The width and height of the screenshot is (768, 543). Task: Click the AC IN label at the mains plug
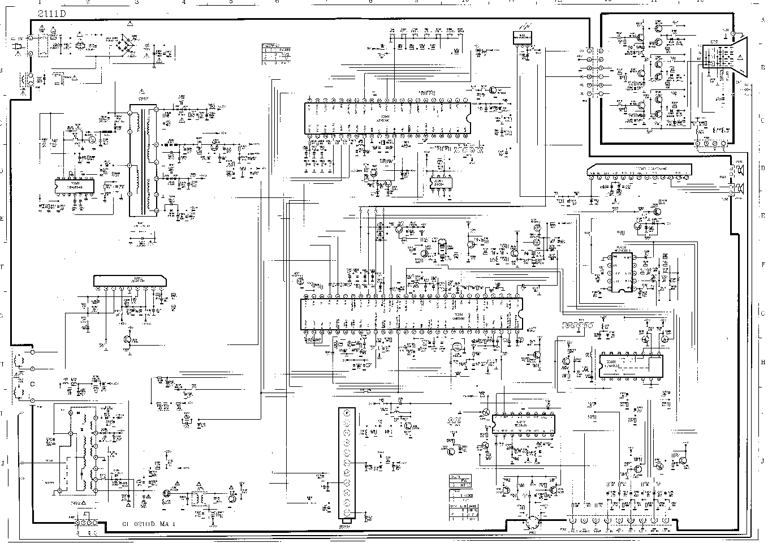[x=17, y=38]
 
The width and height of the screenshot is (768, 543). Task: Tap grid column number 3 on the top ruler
[x=136, y=2]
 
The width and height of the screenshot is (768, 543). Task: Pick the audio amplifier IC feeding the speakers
[x=639, y=170]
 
